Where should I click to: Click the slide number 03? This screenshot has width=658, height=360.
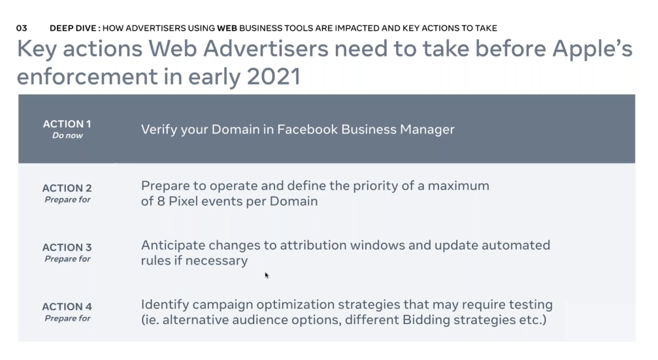(x=22, y=28)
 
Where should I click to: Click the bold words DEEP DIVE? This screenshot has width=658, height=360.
(x=73, y=28)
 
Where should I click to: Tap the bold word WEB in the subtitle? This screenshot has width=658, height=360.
(x=227, y=28)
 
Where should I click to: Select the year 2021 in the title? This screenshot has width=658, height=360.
(x=274, y=76)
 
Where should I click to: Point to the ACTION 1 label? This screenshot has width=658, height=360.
(x=67, y=123)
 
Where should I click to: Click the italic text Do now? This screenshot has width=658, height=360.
(x=67, y=135)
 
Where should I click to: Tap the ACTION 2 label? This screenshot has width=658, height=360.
(x=67, y=188)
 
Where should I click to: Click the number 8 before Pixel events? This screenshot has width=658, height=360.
(x=161, y=201)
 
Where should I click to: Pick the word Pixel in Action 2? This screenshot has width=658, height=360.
(x=180, y=201)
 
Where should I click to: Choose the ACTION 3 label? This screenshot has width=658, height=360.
(x=67, y=248)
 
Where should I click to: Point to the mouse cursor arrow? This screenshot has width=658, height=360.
(x=267, y=275)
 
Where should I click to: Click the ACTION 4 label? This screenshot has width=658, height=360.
(x=67, y=306)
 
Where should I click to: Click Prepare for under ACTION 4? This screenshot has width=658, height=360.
(x=67, y=318)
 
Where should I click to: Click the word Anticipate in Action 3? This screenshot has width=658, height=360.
(x=173, y=246)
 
